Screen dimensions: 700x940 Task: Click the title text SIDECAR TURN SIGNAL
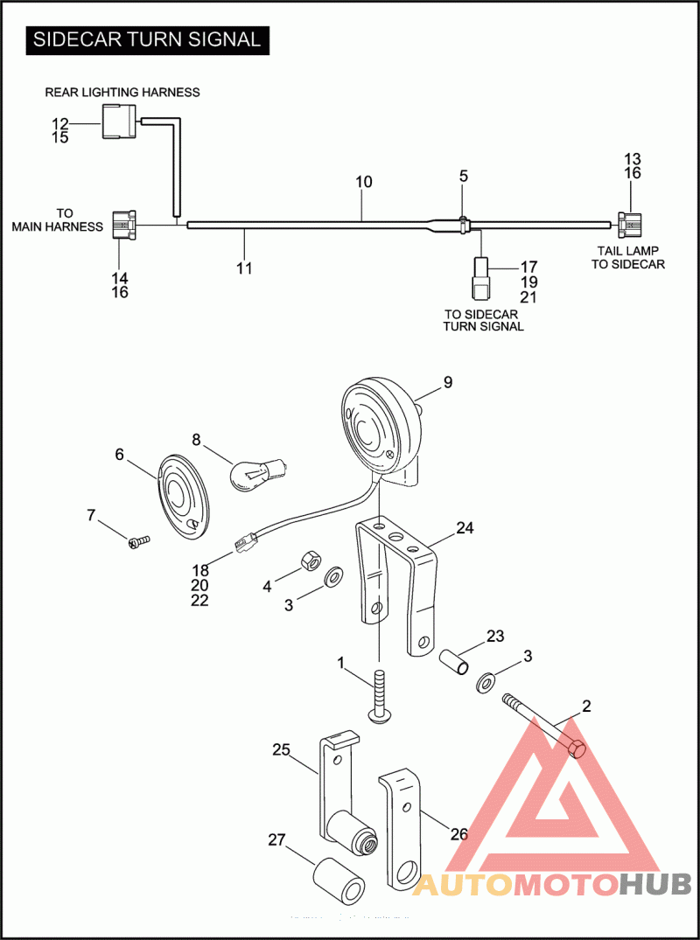[x=147, y=40]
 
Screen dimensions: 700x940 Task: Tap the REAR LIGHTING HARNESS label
[x=122, y=93]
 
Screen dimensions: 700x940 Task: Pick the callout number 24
[x=465, y=528]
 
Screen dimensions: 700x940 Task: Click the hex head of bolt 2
[x=577, y=749]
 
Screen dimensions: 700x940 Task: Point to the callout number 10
[x=364, y=182]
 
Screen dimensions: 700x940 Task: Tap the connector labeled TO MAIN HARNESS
[x=124, y=225]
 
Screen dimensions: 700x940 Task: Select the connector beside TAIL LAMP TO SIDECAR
[x=630, y=225]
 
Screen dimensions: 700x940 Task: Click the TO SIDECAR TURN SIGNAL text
[x=484, y=320]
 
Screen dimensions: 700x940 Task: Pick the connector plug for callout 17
[x=482, y=279]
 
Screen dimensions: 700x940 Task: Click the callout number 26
[x=458, y=833]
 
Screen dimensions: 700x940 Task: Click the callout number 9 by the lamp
[x=448, y=382]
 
